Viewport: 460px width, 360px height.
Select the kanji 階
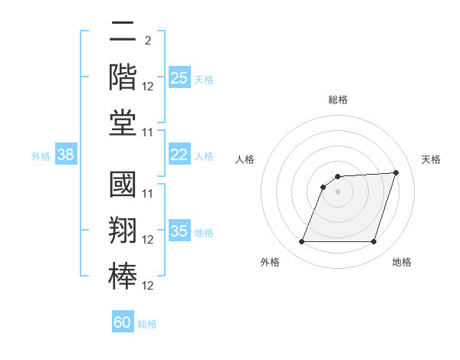pos(123,79)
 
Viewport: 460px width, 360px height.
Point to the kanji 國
pos(123,188)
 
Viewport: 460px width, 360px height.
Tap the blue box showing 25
pos(179,78)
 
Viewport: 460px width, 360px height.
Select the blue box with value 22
pos(179,155)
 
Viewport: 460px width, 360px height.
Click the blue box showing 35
pos(179,231)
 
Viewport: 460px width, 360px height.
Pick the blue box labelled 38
pos(65,155)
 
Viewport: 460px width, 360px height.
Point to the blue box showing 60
pos(123,322)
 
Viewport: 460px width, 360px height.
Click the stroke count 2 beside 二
pos(147,41)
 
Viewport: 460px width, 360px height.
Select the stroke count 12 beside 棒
pos(148,286)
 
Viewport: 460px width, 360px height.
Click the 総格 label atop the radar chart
pos(338,100)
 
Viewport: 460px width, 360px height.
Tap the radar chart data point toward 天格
pos(396,172)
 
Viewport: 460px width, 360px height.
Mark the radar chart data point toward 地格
pos(373,242)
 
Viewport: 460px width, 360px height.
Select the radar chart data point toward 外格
pos(301,242)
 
